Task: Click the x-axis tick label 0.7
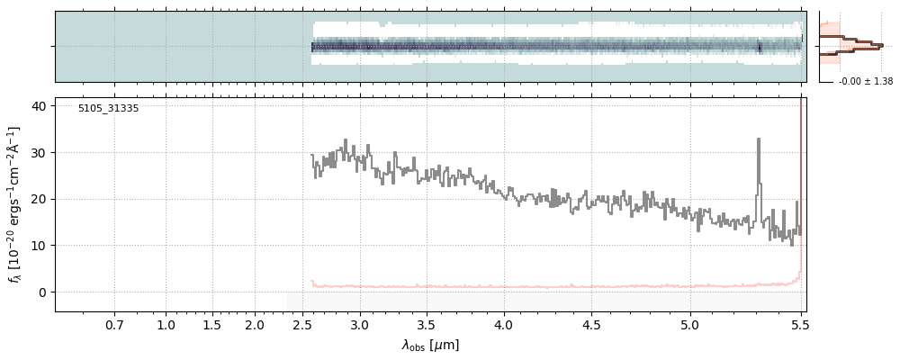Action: (114, 324)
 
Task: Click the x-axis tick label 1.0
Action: (166, 324)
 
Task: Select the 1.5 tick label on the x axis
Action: (211, 324)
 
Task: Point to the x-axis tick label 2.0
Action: (255, 324)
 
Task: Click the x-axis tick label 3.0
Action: (360, 324)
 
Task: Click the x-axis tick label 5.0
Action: (689, 324)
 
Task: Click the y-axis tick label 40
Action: (39, 106)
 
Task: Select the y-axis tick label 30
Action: (39, 152)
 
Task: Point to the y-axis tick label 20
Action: (39, 199)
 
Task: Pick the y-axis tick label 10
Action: (39, 246)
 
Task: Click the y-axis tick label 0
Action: (42, 292)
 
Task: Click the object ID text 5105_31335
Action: (108, 108)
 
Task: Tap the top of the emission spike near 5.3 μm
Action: (759, 139)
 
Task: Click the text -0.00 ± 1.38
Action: (865, 82)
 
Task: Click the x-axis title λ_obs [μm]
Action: (430, 346)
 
